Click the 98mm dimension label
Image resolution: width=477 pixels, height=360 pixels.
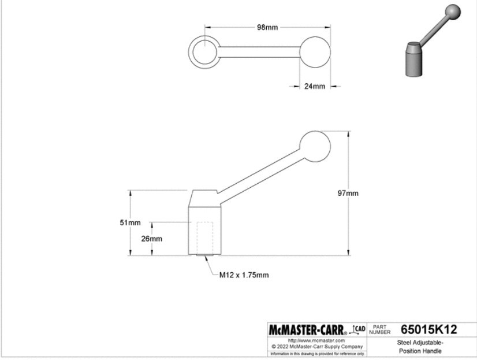pyautogui.click(x=267, y=28)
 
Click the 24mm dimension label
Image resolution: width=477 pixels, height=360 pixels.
pyautogui.click(x=315, y=86)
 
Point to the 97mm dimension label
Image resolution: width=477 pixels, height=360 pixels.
pyautogui.click(x=348, y=193)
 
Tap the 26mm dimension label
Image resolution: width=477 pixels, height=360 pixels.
pyautogui.click(x=151, y=238)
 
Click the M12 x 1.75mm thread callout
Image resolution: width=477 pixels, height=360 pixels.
pyautogui.click(x=244, y=275)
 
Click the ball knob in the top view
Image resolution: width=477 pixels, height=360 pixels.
pyautogui.click(x=315, y=51)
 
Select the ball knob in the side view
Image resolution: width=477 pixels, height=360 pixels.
pyautogui.click(x=315, y=146)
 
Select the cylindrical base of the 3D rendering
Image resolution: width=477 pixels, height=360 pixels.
pyautogui.click(x=413, y=60)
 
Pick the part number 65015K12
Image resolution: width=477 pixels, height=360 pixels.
pyautogui.click(x=428, y=330)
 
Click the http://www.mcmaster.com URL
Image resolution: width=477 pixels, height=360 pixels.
pyautogui.click(x=316, y=341)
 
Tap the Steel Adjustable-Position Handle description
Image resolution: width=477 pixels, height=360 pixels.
pyautogui.click(x=420, y=347)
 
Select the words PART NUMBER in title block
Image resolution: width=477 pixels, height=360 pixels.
pyautogui.click(x=379, y=330)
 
